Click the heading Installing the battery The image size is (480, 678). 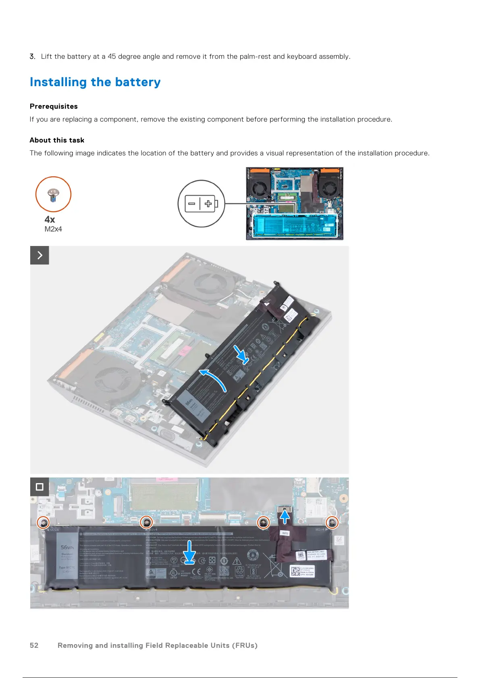95,82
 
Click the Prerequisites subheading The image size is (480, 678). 54,106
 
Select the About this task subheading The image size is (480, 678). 57,140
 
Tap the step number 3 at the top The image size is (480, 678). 32,56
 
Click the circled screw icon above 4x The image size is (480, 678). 53,194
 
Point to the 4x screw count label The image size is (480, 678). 50,219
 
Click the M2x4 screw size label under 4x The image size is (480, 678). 53,229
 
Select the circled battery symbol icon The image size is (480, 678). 201,204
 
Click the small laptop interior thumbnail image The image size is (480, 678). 295,204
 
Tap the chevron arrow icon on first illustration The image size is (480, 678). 39,255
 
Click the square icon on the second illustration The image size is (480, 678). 39,487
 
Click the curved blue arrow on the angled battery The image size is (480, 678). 214,378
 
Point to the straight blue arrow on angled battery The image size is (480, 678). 241,354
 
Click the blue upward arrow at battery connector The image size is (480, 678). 285,516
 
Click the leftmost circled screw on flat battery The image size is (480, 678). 43,523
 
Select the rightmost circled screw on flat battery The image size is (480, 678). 332,523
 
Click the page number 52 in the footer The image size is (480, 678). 34,645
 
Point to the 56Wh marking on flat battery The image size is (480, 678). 67,548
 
